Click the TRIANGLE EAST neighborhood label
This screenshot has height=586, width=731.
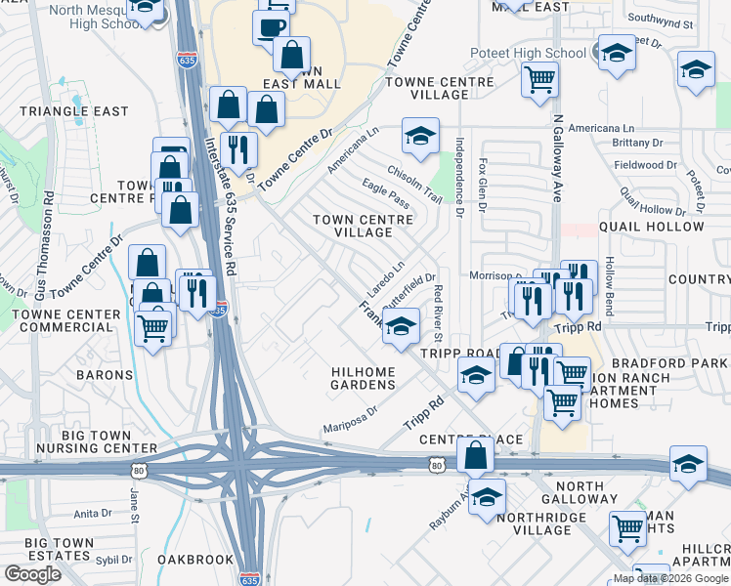click(74, 111)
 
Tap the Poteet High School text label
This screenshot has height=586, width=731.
click(539, 53)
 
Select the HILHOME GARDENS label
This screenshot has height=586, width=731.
click(364, 378)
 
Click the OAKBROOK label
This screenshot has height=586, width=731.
click(195, 560)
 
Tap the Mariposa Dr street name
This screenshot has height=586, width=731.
click(358, 421)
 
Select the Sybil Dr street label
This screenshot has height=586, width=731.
click(113, 561)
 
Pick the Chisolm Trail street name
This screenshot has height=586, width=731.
click(413, 182)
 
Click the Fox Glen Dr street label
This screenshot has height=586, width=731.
click(483, 186)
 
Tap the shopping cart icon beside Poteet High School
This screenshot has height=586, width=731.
click(539, 79)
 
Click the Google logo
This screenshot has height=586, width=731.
click(33, 574)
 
